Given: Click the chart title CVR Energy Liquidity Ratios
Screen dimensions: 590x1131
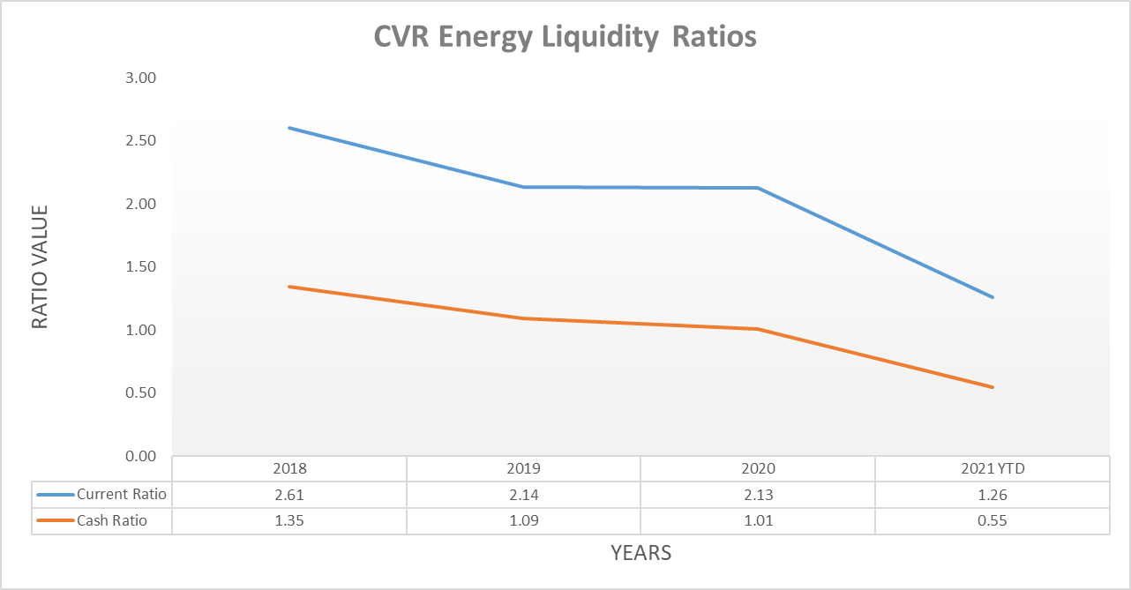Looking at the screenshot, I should pos(565,36).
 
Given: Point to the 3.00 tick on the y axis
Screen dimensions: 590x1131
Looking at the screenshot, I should pos(137,78).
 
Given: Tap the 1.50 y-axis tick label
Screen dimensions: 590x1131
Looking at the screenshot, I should pos(137,267).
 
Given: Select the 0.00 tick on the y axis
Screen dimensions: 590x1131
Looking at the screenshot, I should pos(137,456).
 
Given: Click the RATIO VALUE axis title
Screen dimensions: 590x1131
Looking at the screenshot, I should pos(40,267).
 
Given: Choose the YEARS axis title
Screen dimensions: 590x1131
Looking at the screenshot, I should pos(641,553).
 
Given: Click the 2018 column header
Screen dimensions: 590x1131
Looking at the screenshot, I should pos(289,468).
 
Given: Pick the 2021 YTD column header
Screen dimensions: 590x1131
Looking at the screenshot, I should pos(992,468).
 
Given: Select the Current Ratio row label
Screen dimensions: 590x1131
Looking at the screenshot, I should pos(121,494).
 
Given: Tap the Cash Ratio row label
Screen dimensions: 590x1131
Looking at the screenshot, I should pos(112,520).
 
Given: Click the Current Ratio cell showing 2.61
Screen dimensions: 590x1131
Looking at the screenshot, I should pos(289,494).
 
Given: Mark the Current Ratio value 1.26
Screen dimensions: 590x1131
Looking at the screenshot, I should pos(992,494).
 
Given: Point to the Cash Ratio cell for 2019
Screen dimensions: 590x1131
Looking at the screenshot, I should pos(524,520).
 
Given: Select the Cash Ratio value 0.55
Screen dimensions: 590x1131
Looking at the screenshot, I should pos(992,520).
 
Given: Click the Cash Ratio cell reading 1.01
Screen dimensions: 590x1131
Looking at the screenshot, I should pos(759,520).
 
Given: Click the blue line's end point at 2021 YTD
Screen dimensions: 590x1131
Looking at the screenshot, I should pos(993,297).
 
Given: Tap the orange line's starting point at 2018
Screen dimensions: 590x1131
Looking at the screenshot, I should pos(288,287).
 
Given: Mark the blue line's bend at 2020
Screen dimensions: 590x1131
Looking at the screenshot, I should pos(759,188).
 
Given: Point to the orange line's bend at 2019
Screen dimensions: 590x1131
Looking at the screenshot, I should pos(524,318).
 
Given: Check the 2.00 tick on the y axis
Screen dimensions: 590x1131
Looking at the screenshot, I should pos(137,204).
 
